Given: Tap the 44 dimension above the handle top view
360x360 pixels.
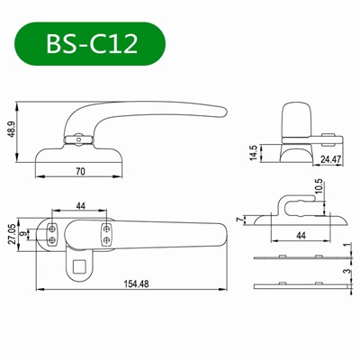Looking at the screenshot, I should click(x=80, y=207).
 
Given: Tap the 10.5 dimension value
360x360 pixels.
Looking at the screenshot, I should click(x=319, y=190).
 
